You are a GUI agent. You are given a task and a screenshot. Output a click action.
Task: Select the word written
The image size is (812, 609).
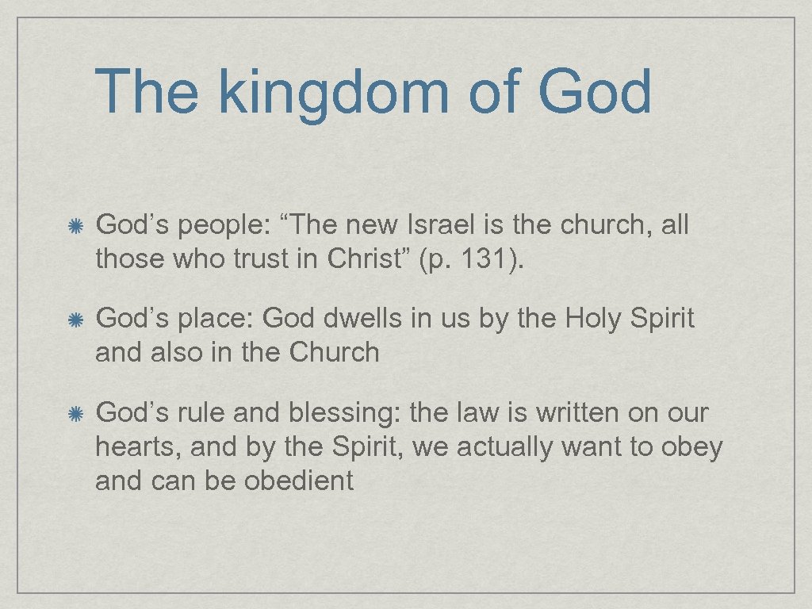[578, 412]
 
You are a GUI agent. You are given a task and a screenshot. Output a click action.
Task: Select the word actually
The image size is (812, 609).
[504, 447]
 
